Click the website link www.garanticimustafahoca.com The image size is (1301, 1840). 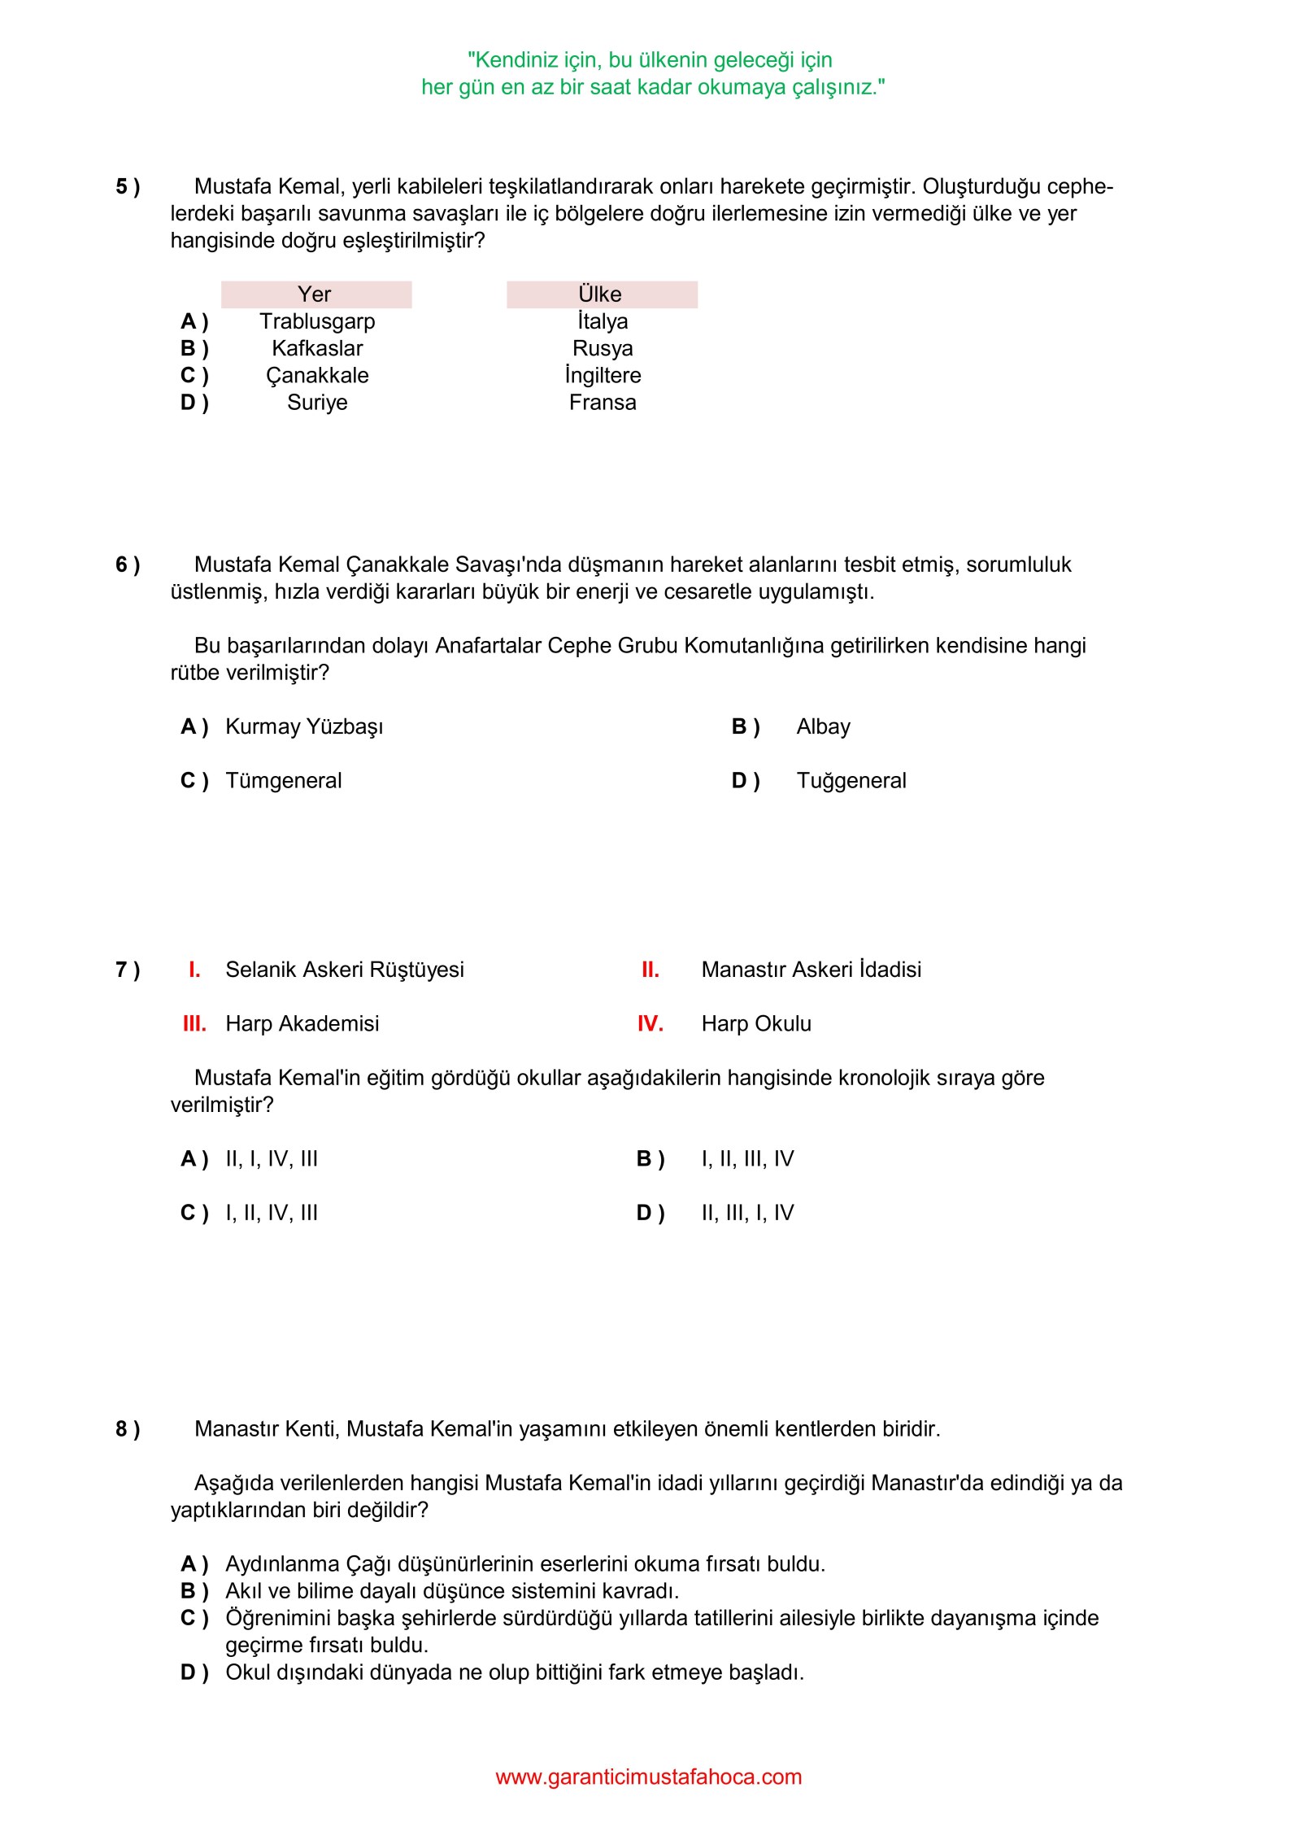pos(648,1777)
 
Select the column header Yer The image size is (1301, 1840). pos(315,294)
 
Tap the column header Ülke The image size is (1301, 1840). pos(600,294)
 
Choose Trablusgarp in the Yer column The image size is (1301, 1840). pos(317,321)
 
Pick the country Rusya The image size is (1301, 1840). pos(603,348)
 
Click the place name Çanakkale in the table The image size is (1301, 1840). pos(317,375)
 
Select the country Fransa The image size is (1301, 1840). pos(603,402)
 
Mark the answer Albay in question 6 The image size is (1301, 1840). pos(823,726)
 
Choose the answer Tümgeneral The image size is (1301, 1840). pos(283,780)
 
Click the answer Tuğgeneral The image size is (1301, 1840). pos(851,780)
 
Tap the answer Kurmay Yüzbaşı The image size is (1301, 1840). pos(304,726)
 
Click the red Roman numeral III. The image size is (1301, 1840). pos(194,1023)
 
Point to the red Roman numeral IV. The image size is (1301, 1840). pos(650,1023)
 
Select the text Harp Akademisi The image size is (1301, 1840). pos(302,1023)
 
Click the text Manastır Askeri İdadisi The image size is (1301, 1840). pos(811,970)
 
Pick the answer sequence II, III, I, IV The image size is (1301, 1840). pos(747,1213)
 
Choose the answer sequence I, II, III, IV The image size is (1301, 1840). pos(747,1158)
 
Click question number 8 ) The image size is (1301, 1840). pos(128,1429)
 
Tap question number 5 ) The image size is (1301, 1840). pos(128,186)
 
